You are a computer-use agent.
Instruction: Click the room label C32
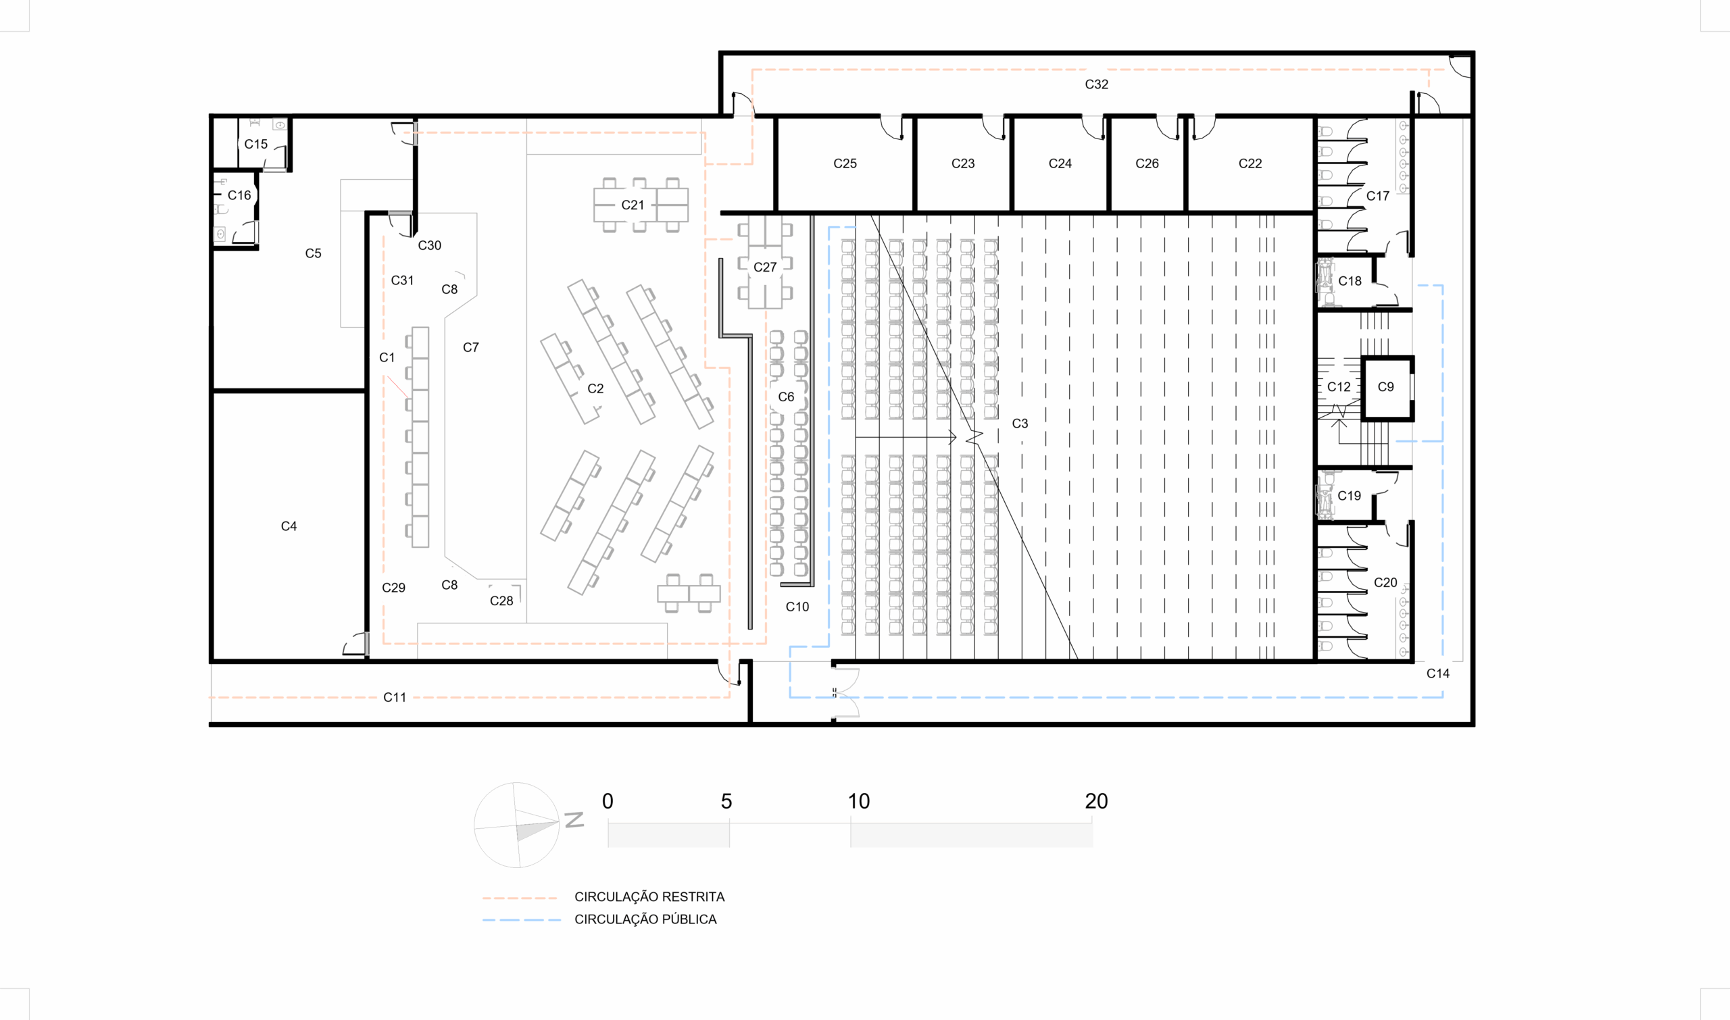coord(1096,84)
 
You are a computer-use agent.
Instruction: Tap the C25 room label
coord(845,163)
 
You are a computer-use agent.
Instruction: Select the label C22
coord(1250,163)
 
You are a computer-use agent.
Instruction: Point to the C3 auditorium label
coord(1020,424)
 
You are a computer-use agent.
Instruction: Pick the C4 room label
coord(289,526)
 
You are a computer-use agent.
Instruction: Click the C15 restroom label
coord(256,145)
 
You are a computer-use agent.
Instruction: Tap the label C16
coord(239,195)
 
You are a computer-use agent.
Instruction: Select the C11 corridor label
coord(395,698)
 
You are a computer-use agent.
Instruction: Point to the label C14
coord(1438,673)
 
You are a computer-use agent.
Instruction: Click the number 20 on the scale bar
coord(1096,800)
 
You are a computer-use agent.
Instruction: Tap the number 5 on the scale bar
coord(726,800)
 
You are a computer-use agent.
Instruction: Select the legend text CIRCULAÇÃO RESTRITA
coord(649,897)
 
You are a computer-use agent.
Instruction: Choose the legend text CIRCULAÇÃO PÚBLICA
coord(645,919)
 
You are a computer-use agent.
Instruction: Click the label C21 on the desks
coord(633,205)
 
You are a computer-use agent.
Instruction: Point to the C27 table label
coord(764,267)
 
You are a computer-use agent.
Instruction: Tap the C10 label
coord(797,607)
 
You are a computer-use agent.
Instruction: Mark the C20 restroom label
coord(1385,583)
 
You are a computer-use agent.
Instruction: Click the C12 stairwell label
coord(1338,387)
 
